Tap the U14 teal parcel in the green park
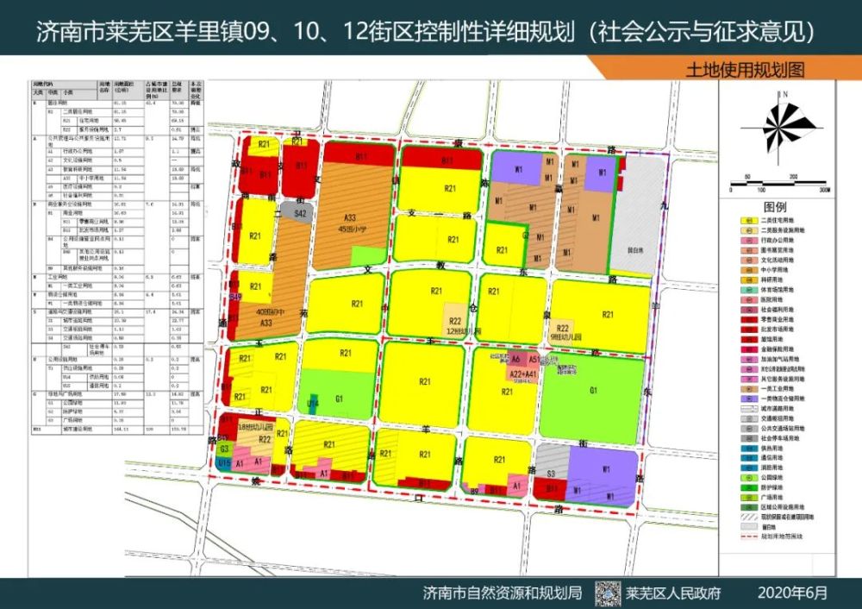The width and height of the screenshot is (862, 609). coord(314,403)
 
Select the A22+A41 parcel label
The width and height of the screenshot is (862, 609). coord(525,374)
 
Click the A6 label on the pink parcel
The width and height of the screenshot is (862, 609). coord(515,358)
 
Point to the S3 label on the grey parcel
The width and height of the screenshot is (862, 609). coord(551,474)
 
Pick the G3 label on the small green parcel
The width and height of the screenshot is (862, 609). coord(224,449)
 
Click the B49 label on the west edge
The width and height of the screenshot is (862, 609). coord(235,296)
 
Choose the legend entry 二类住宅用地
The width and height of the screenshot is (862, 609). coord(780,222)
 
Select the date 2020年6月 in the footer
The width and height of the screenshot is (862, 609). coord(792,593)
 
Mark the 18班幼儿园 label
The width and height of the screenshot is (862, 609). coord(256,428)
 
